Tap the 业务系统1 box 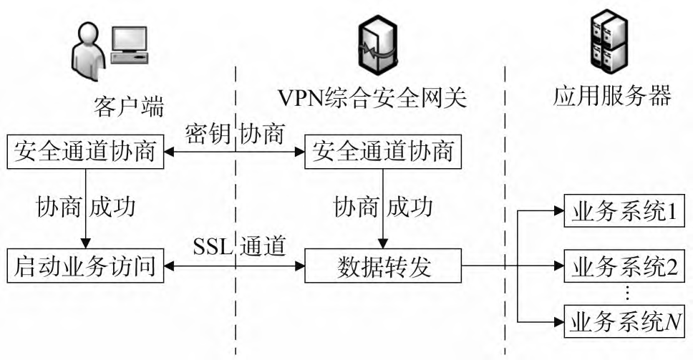pyautogui.click(x=624, y=211)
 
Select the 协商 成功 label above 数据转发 pyautogui.click(x=383, y=208)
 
